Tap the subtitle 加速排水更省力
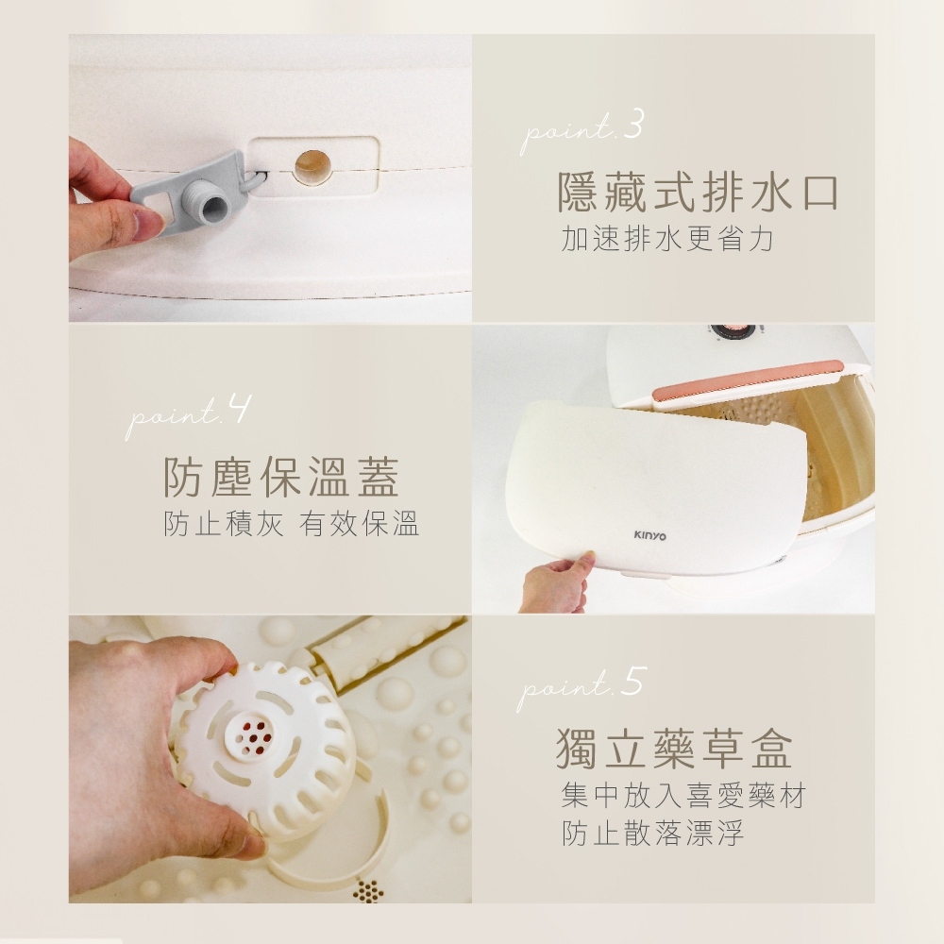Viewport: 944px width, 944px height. tap(666, 240)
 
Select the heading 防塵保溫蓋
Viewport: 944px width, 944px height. tap(281, 478)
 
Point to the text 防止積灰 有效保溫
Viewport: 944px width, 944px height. tap(292, 524)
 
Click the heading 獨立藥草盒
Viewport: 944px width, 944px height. tap(673, 748)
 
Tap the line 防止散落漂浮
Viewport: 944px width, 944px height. tap(652, 834)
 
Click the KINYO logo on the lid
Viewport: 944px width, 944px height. tap(649, 536)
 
